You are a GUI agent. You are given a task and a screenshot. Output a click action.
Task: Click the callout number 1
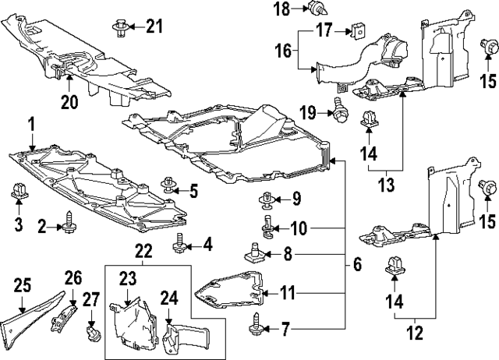32,123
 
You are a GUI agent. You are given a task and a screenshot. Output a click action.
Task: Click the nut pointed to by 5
168,185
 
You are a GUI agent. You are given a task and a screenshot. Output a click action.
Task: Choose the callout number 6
356,264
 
